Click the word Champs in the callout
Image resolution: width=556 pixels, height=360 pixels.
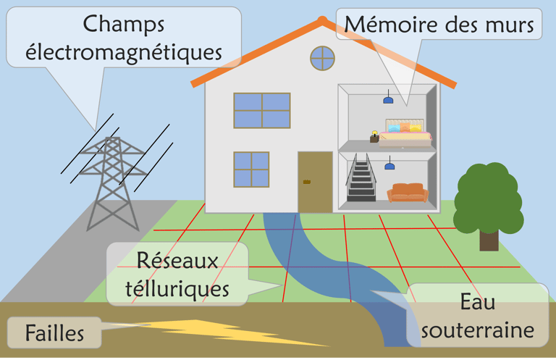[124, 24]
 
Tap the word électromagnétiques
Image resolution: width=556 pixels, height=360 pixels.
[124, 52]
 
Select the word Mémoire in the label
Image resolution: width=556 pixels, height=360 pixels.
[385, 25]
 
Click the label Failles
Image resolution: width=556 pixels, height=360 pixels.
[55, 334]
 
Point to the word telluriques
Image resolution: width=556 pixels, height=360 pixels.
[177, 289]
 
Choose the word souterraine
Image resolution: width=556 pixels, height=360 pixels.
[477, 330]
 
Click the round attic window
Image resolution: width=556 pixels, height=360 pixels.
[322, 58]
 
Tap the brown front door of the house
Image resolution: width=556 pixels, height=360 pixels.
[315, 182]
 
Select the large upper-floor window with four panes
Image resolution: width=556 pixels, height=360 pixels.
[261, 110]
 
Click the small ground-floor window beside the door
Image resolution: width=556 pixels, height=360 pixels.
[250, 169]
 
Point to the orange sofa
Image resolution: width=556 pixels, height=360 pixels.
[408, 193]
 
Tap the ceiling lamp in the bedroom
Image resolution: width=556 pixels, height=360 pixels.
[388, 99]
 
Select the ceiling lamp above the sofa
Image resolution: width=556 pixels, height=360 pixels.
[389, 166]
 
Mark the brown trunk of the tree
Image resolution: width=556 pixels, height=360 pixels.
[489, 238]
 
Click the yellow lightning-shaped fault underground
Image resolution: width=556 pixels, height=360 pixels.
[217, 332]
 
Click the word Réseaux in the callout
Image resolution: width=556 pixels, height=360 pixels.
[178, 261]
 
